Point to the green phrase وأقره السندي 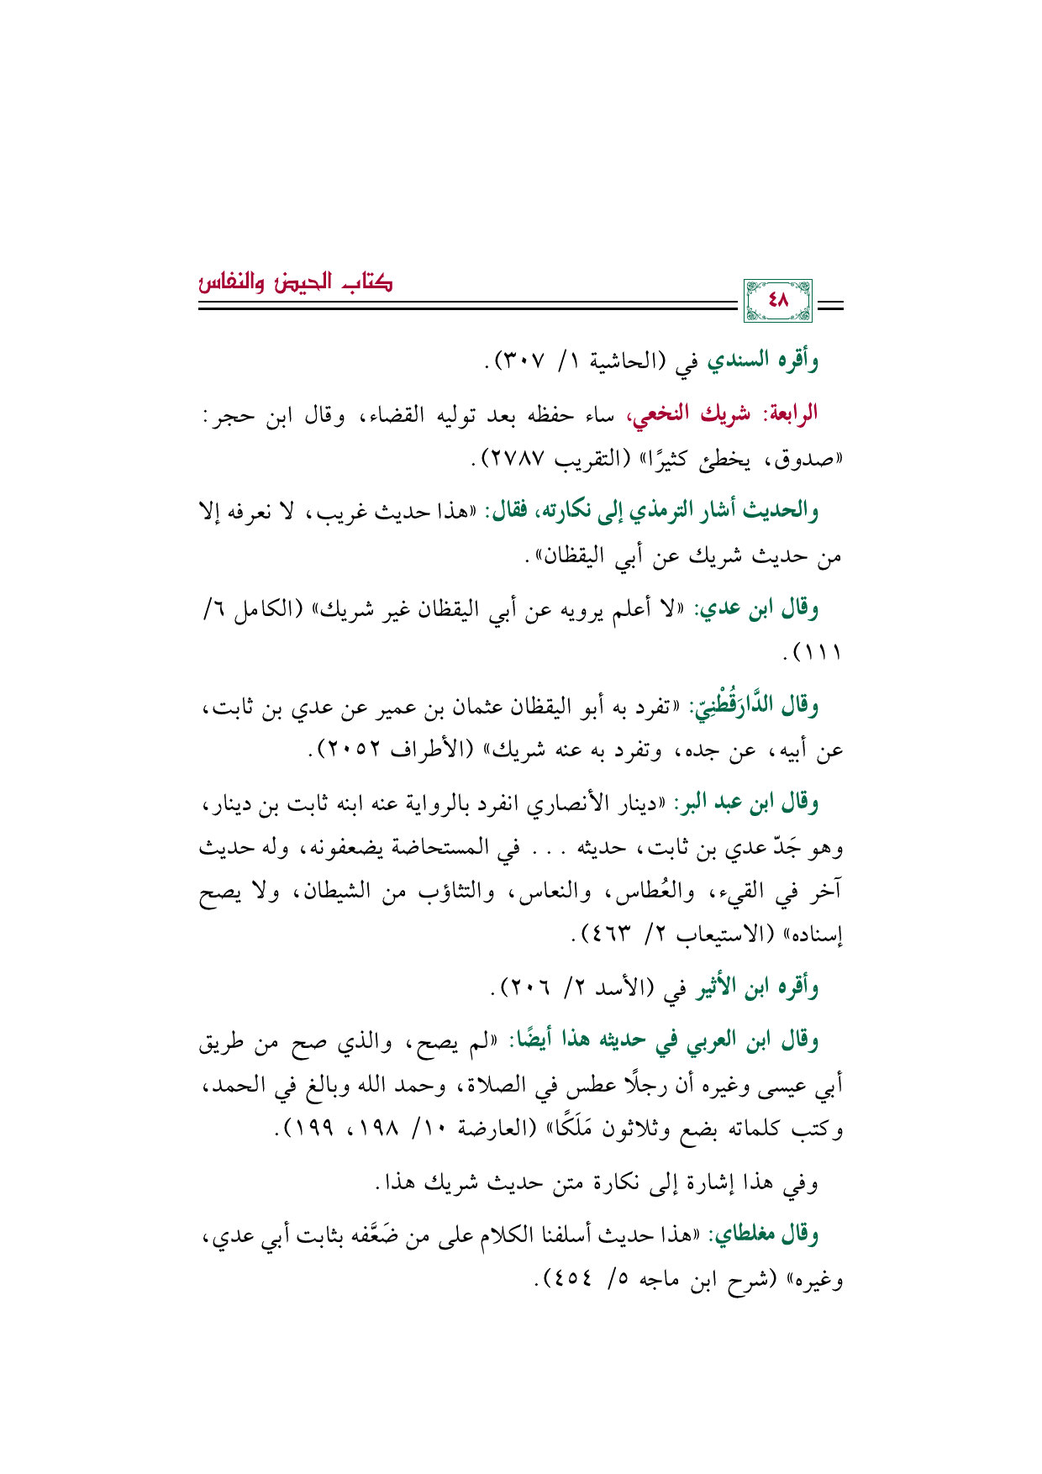[x=763, y=361]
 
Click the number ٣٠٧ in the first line [x=524, y=361]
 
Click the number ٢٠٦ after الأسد [x=523, y=987]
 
